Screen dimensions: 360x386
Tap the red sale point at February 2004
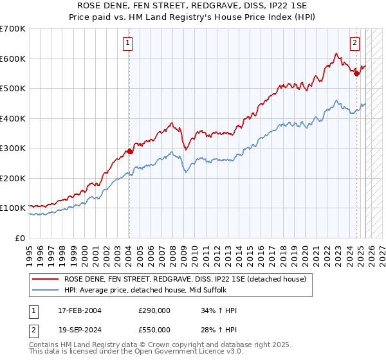coord(129,151)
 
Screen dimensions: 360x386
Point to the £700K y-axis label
coord(13,29)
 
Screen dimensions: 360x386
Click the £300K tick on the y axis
coord(13,148)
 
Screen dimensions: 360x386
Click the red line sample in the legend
coord(46,279)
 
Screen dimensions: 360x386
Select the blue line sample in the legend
coord(46,290)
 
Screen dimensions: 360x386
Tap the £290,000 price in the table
coord(154,310)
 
